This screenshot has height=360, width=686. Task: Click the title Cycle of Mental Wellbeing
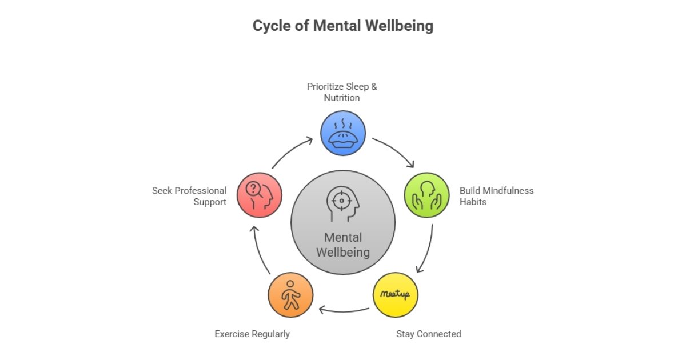(343, 26)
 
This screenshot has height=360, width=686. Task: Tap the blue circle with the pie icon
(342, 134)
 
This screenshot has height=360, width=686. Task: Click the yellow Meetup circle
(395, 295)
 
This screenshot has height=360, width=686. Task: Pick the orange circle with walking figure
(290, 295)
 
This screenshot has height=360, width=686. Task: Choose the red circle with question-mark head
(259, 195)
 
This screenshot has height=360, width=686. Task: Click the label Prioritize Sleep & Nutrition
(342, 92)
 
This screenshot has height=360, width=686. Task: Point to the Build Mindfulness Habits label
(496, 196)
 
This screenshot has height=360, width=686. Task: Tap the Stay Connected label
(428, 334)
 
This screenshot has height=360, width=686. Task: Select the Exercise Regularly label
(252, 334)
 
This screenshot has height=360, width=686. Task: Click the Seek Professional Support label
(189, 196)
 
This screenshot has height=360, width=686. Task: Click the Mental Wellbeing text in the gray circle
(343, 245)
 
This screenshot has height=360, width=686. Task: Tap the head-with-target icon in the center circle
(342, 203)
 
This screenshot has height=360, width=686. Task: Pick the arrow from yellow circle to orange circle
(343, 311)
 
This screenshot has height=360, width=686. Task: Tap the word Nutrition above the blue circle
(342, 98)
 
